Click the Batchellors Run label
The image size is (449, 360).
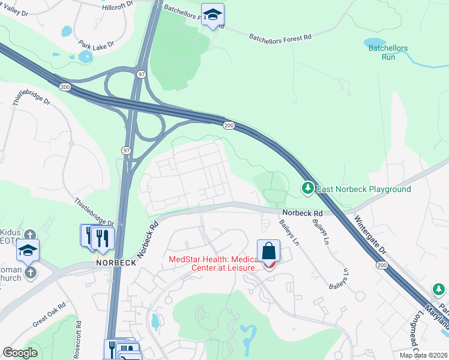coord(388,53)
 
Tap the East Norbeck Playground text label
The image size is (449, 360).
coord(364,190)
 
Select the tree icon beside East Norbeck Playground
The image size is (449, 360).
coord(308,189)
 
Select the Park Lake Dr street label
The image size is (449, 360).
coord(96,46)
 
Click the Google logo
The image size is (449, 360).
coord(20,353)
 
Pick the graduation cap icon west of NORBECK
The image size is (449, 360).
coord(28,250)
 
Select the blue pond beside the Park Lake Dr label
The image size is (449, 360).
coord(85,56)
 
